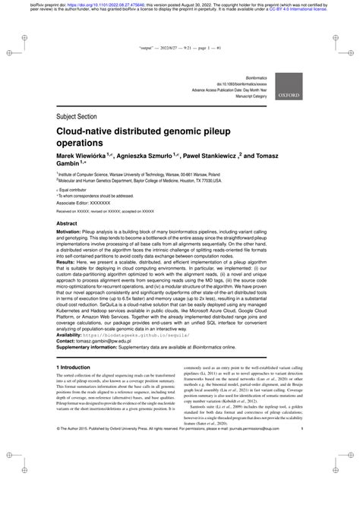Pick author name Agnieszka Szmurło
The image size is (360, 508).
click(147, 155)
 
